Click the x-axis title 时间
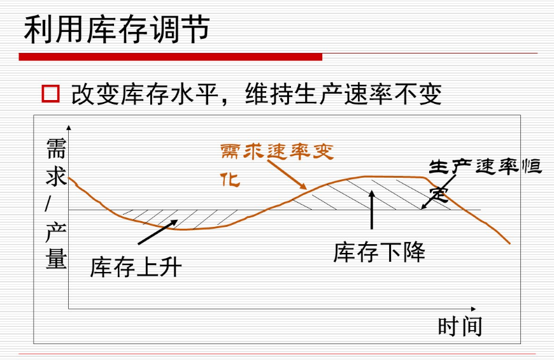click(460, 326)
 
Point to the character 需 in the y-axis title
click(56, 150)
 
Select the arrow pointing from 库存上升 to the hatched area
click(157, 233)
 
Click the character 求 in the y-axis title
click(56, 176)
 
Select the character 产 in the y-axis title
click(56, 232)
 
